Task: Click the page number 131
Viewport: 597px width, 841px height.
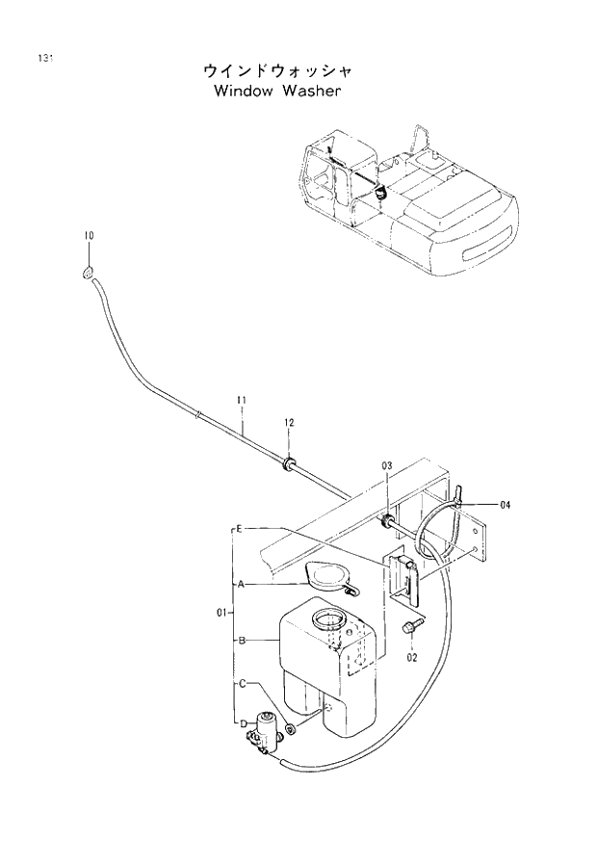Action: click(x=44, y=59)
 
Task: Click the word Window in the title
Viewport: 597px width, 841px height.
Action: click(x=239, y=92)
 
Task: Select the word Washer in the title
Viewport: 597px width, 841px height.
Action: click(x=311, y=92)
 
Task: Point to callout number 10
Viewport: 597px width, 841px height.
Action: click(x=88, y=236)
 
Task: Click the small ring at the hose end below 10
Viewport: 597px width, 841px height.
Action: click(x=88, y=274)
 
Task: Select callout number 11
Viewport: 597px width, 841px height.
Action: click(x=243, y=400)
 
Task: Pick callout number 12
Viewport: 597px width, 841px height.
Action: click(x=288, y=422)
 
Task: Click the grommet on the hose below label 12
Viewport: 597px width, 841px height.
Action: click(x=288, y=464)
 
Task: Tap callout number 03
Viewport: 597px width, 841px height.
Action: click(x=386, y=466)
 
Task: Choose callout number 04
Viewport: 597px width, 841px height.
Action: click(x=506, y=503)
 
